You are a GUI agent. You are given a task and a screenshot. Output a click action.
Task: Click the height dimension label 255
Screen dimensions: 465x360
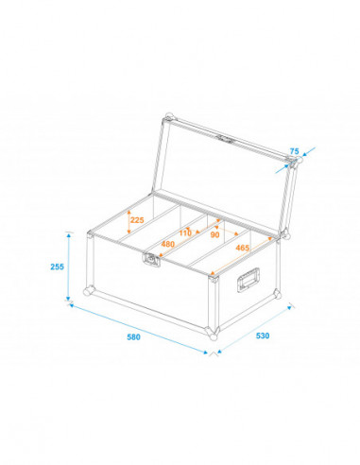tap(57, 267)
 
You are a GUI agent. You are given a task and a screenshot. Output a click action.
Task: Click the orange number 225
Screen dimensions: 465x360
tap(137, 221)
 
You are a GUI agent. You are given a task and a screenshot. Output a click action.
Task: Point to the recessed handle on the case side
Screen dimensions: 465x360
tap(250, 278)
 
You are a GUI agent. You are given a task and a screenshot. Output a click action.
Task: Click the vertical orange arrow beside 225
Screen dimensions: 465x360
tap(128, 222)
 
